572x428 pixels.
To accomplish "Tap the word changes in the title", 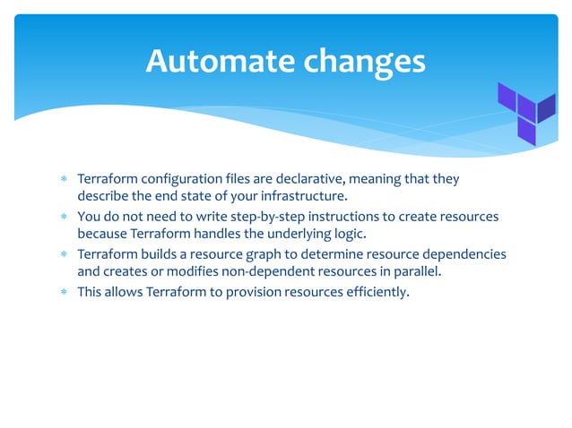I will point(364,60).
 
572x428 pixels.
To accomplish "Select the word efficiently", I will point(372,292).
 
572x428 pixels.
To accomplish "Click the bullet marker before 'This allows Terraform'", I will point(64,293).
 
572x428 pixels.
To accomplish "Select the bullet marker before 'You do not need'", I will point(64,218).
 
